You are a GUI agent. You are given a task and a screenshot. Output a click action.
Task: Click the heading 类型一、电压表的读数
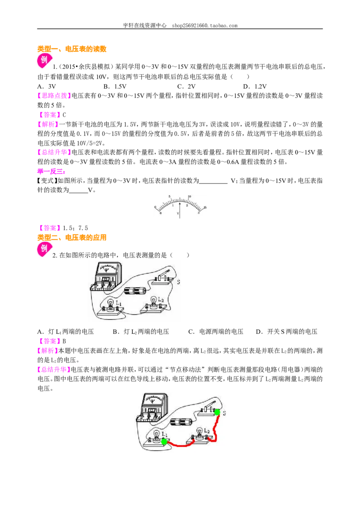72,49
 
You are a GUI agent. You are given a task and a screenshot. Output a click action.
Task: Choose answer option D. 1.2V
255,86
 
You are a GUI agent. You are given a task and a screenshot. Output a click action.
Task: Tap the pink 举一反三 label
51,171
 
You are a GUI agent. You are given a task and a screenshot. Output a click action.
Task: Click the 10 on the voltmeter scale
189,196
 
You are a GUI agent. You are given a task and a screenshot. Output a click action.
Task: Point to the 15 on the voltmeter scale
205,207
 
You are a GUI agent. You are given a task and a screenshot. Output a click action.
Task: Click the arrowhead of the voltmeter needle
180,204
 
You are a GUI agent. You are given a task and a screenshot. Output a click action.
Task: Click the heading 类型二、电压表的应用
72,237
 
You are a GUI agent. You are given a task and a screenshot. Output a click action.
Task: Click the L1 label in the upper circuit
119,304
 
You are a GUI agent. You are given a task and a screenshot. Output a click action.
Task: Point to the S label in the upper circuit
178,282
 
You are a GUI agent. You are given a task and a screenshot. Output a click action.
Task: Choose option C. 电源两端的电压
216,331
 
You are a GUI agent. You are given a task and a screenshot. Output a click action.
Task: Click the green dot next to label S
217,412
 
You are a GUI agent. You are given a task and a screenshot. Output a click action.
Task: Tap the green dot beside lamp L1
164,442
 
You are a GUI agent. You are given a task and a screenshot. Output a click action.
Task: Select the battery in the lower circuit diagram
182,422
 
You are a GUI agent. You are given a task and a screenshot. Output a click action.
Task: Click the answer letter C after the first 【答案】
64,115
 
